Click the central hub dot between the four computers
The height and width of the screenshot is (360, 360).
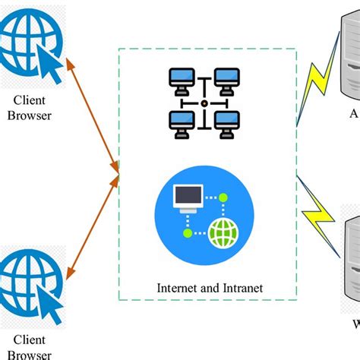tap(204, 102)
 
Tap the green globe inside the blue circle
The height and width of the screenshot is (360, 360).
tap(223, 233)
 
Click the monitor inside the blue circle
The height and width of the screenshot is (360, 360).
tap(188, 197)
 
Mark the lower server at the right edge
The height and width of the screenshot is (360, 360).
tap(352, 262)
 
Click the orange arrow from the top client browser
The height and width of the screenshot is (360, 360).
tap(91, 114)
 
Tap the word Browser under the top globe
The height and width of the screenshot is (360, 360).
tap(31, 116)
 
